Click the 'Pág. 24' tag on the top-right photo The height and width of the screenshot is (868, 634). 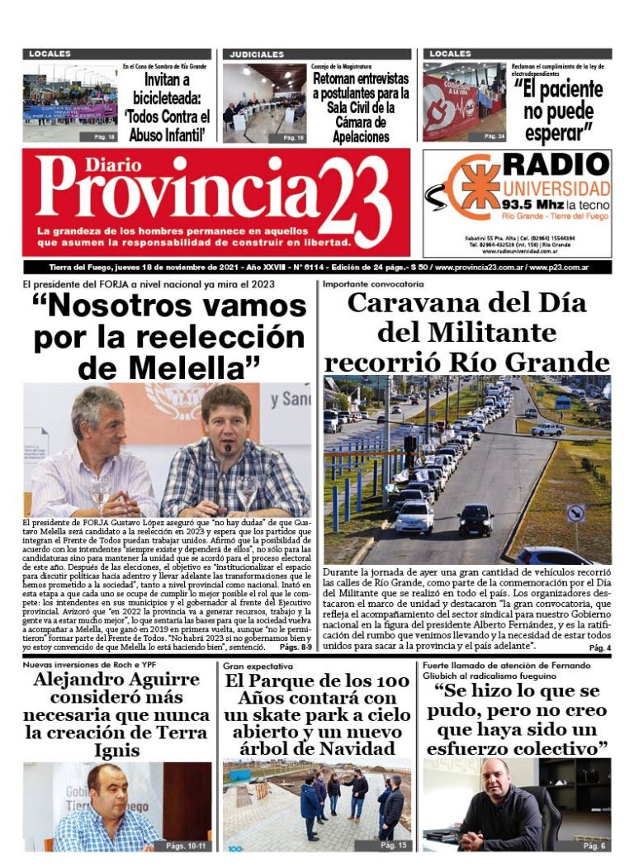[494, 135]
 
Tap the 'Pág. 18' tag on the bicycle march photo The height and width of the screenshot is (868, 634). [105, 136]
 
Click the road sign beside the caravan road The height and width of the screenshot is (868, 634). [575, 513]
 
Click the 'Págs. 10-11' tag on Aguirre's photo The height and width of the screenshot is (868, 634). [186, 846]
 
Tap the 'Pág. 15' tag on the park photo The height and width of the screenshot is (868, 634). [394, 846]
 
